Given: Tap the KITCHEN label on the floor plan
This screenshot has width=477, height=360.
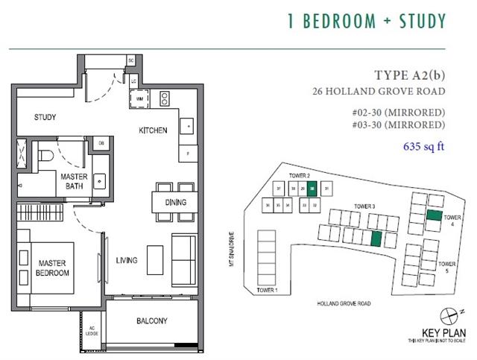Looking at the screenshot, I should [x=153, y=130].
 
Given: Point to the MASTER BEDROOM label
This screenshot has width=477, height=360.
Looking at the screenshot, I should [x=51, y=268].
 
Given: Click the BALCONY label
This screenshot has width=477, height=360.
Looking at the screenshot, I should [x=151, y=321].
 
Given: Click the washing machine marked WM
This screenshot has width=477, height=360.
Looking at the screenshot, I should [x=139, y=98].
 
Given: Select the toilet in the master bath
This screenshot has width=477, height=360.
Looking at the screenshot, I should [x=46, y=155].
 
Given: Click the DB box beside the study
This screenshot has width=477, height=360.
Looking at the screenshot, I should [x=101, y=142].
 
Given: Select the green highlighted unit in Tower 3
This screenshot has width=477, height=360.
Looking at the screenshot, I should [x=376, y=238].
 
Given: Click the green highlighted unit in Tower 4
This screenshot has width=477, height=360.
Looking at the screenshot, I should [x=434, y=215].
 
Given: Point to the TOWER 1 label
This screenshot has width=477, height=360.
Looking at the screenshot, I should [x=266, y=289].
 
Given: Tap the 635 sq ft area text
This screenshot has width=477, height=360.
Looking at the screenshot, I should [x=423, y=146].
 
